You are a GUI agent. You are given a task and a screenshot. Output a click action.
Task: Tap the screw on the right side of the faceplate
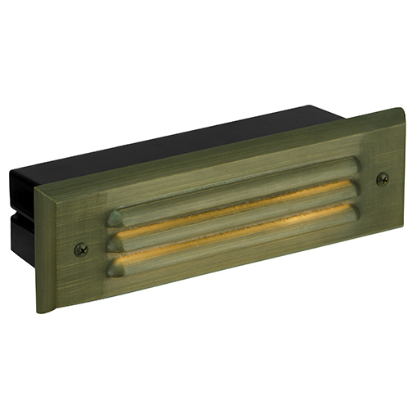click(381, 178)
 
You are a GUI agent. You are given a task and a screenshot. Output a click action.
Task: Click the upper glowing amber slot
click(237, 213)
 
